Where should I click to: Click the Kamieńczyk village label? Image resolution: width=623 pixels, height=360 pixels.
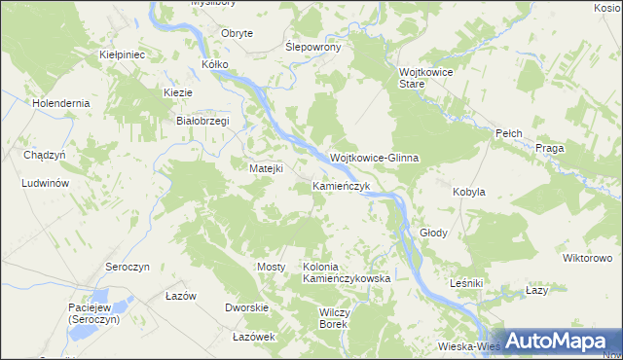[x=341, y=185]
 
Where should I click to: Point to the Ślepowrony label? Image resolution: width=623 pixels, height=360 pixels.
[x=311, y=47]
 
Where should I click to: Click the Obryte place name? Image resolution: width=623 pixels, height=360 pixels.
[x=238, y=33]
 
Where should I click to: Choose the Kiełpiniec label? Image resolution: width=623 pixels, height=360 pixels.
[x=123, y=55]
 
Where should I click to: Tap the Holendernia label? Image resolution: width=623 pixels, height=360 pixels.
[x=60, y=102]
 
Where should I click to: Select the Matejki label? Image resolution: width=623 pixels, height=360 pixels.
[x=266, y=168]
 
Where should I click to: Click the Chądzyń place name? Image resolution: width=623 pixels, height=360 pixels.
[x=44, y=155]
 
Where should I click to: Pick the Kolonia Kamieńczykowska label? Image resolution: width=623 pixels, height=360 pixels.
[x=347, y=272]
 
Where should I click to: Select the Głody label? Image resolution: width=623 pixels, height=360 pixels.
[x=433, y=234]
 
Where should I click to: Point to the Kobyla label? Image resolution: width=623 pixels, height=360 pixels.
[x=469, y=193]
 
